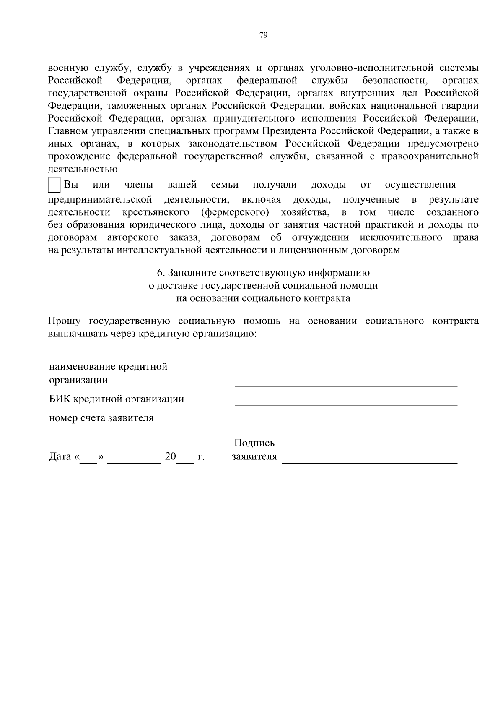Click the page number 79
263,35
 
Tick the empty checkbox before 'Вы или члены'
54,185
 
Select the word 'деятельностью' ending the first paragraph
83,170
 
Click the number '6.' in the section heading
161,273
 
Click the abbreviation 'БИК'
60,399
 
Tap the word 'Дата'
60,456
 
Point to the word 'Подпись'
254,443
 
